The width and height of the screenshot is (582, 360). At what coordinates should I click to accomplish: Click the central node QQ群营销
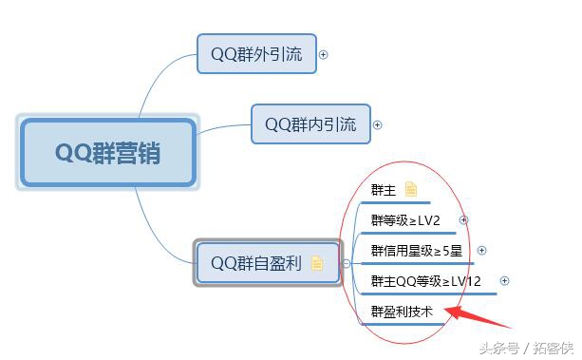(x=107, y=152)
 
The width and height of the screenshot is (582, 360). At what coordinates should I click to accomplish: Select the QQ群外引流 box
(x=255, y=54)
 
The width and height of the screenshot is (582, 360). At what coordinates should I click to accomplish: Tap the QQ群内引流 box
(x=310, y=124)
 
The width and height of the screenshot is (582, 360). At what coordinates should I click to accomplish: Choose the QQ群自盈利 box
(x=266, y=263)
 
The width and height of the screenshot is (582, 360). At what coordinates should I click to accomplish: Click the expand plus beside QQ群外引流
(x=323, y=54)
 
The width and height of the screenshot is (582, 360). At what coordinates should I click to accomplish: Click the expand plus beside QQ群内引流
(x=377, y=124)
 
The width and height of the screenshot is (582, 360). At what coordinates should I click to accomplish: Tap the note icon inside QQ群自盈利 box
(x=317, y=263)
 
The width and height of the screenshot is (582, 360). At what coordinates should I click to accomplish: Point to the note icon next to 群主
(x=410, y=190)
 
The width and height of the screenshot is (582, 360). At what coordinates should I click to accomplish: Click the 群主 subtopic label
(x=384, y=190)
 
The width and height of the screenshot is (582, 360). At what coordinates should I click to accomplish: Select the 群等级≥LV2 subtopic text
(x=405, y=220)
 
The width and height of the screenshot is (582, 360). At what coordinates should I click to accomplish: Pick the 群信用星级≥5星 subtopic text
(x=416, y=251)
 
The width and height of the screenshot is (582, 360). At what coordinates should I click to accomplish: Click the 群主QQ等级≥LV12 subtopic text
(x=425, y=281)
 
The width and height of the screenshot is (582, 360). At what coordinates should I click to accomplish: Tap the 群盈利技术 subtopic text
(x=402, y=310)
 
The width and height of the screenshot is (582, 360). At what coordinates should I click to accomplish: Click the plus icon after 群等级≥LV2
(x=463, y=220)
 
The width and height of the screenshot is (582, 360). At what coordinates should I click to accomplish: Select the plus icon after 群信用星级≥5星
(x=481, y=251)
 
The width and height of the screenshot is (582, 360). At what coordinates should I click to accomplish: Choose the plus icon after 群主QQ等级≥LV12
(x=504, y=281)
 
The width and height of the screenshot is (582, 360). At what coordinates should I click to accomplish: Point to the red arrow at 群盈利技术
(x=480, y=315)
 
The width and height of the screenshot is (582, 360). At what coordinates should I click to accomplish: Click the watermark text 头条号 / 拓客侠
(x=524, y=346)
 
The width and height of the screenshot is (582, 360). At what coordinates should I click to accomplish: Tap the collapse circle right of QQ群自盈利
(x=346, y=263)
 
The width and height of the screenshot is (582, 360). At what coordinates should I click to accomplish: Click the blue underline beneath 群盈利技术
(x=403, y=323)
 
